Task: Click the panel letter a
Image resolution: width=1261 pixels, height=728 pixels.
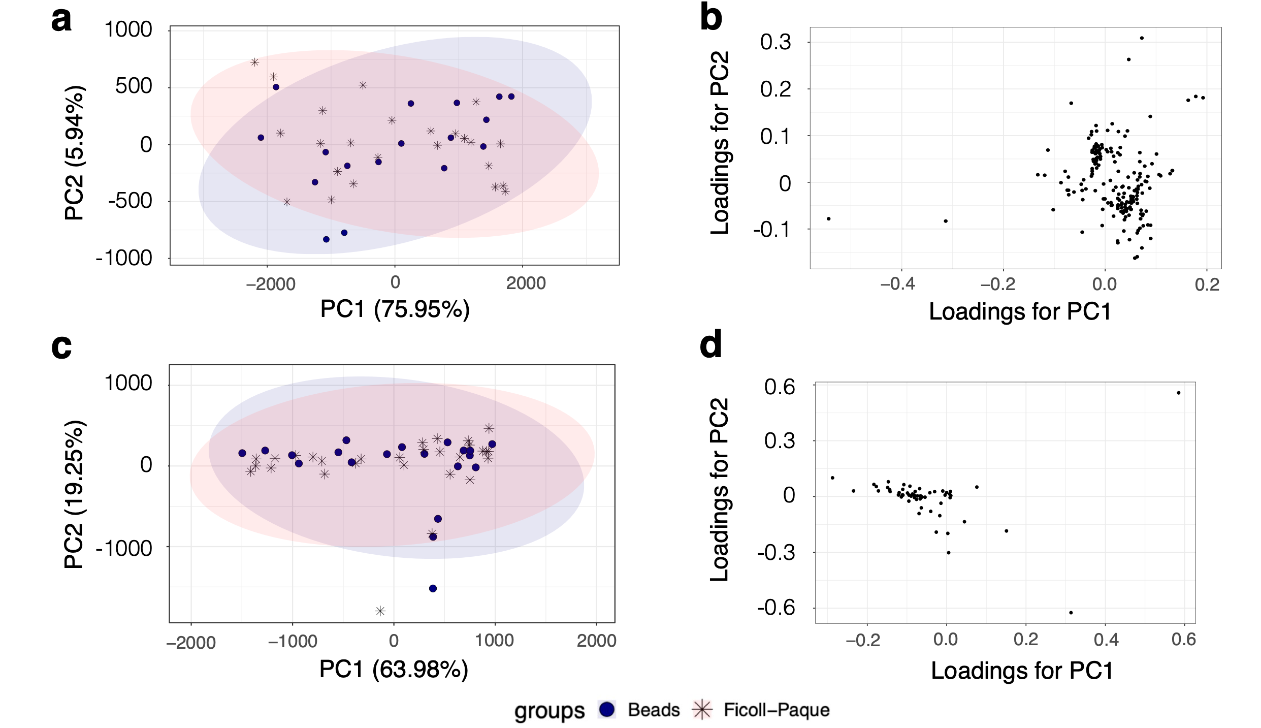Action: coord(61,20)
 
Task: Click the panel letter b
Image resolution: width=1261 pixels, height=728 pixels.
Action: coord(710,18)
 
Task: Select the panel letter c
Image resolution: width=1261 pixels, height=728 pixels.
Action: coord(61,347)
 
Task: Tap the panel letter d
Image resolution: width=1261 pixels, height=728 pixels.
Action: coord(710,345)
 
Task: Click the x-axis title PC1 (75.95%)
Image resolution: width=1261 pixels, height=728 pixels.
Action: coord(395,309)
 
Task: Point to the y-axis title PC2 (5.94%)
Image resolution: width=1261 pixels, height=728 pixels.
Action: coord(74,152)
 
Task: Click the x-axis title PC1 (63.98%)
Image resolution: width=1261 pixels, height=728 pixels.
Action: coord(394,669)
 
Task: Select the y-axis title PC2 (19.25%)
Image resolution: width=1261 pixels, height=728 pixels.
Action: coord(74,494)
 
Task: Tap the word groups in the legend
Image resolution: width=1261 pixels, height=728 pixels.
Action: coord(549,710)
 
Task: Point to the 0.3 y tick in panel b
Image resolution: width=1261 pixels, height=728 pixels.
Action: coord(775,42)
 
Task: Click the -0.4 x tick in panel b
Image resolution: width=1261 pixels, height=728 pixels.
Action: coord(897,284)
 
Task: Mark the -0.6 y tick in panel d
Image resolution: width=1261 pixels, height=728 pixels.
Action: coord(776,607)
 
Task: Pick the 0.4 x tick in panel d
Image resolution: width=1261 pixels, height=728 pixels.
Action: coord(1106,640)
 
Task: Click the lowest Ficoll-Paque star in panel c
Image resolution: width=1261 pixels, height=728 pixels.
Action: coord(380,611)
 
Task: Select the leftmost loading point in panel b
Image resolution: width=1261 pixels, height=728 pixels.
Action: coord(829,219)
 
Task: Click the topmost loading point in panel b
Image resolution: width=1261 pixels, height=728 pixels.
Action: coord(1142,38)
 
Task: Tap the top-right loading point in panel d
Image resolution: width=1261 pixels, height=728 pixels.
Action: coord(1178,393)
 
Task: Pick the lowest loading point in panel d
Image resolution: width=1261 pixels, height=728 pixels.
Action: coord(1071,613)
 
